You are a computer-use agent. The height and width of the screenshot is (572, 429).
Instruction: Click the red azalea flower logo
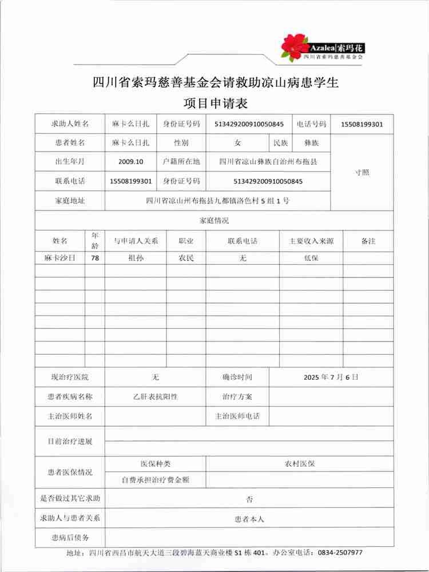pos(295,46)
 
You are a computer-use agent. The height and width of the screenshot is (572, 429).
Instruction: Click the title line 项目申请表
pos(215,104)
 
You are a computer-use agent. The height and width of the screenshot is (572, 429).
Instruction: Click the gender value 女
pos(237,142)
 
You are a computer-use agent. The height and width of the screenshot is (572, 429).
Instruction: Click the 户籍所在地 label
pos(181,162)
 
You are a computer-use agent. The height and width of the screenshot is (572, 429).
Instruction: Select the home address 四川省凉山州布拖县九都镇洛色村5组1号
pos(218,201)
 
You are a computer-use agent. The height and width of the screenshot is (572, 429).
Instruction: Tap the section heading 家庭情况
pos(214,221)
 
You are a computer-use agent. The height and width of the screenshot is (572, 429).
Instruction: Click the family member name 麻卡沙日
pos(60,258)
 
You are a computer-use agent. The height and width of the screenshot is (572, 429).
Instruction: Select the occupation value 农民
pos(186,258)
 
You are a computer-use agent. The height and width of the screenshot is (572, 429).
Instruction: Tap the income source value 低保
pos(311,258)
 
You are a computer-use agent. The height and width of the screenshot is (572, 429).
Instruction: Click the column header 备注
pos(368,241)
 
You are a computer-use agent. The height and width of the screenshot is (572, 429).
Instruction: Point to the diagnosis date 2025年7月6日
pos(331,378)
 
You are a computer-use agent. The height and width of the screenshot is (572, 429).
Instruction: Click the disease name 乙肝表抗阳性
pos(155,396)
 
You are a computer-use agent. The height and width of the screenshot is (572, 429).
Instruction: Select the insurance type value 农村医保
pos(300,463)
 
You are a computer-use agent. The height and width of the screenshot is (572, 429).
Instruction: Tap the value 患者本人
pos(249,519)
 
